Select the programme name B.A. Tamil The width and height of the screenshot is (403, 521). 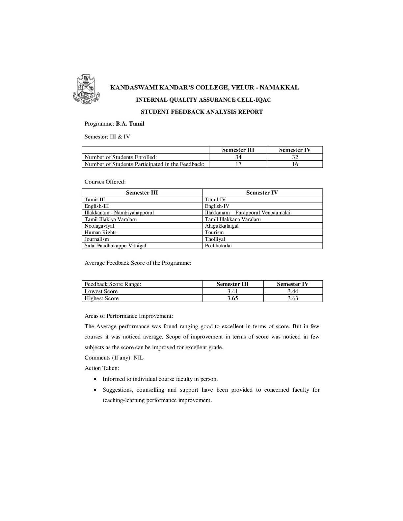[130, 124]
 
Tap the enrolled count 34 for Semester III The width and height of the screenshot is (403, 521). [238, 157]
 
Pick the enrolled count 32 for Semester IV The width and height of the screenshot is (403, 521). [295, 157]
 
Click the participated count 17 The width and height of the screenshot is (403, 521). [238, 164]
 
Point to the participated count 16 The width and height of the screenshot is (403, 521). [295, 164]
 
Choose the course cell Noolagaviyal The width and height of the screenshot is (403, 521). [99, 226]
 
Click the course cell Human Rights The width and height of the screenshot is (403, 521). [100, 233]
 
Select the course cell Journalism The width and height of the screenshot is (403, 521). [96, 239]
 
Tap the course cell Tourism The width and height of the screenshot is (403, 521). [214, 233]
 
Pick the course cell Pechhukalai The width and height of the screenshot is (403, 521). [218, 246]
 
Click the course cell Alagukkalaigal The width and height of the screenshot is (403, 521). [222, 226]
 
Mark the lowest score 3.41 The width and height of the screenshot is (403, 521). [232, 291]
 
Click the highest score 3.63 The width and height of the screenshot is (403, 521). [293, 299]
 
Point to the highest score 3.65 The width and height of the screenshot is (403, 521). [232, 299]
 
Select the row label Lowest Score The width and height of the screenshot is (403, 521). [101, 291]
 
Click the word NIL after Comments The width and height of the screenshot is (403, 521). [139, 358]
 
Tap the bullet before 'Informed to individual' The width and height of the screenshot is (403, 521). [95, 379]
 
